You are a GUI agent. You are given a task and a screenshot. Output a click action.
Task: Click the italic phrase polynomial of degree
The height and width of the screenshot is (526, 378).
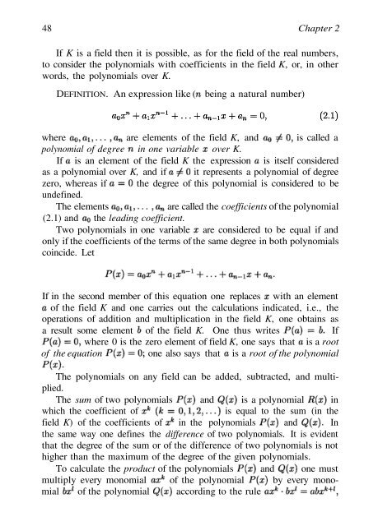point(77,162)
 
